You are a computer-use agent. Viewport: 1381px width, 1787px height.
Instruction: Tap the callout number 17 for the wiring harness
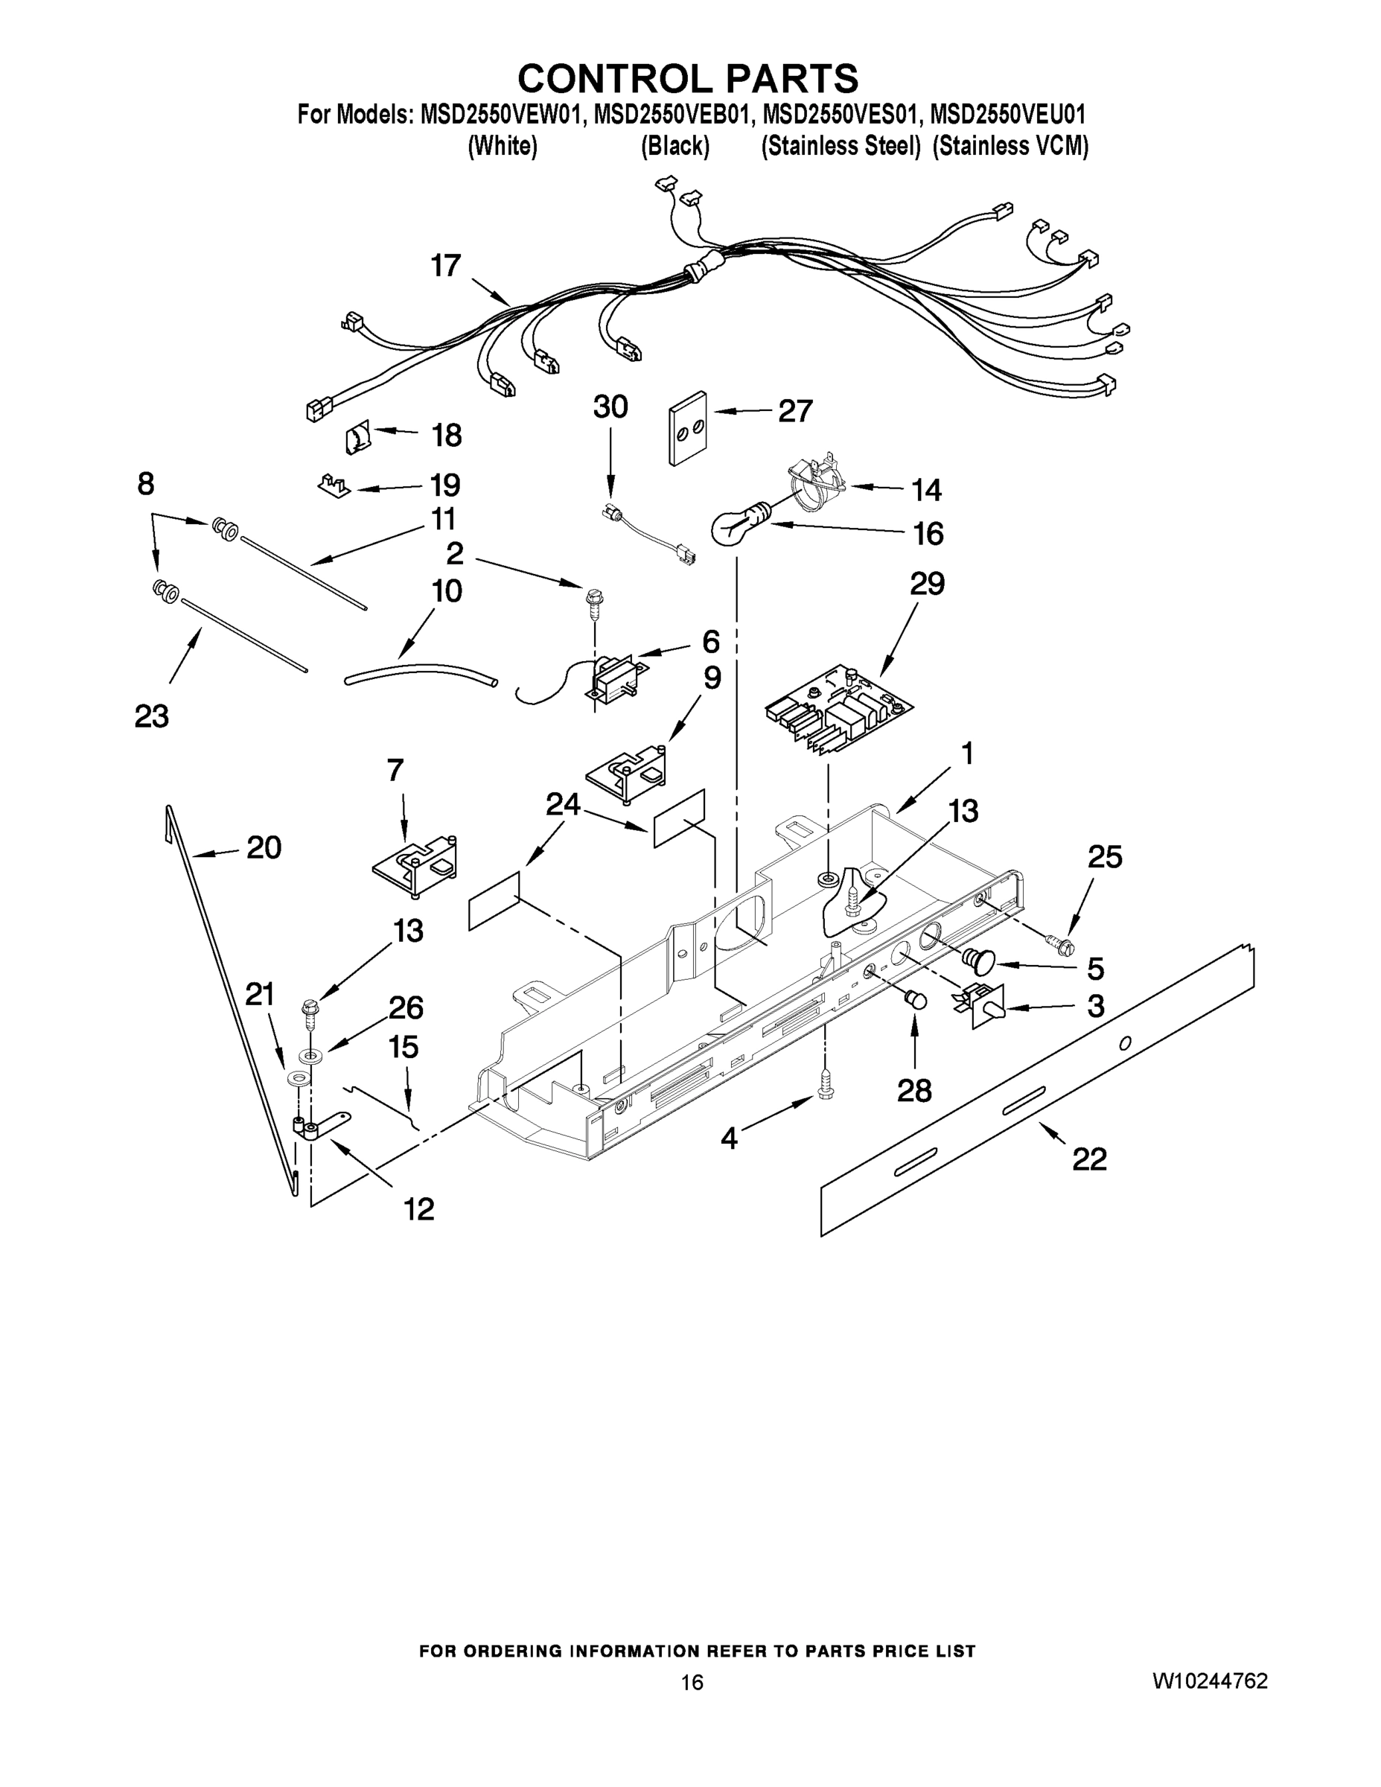446,266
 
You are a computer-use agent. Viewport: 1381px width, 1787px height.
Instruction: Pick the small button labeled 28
915,1000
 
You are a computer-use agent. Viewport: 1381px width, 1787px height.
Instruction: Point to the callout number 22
1089,1159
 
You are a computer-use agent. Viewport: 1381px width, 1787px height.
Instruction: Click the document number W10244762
1210,1681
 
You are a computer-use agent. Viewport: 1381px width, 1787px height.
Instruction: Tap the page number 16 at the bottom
692,1682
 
